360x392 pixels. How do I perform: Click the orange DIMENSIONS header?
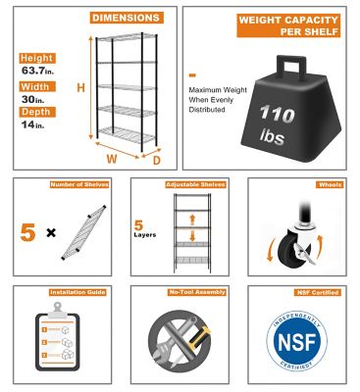[128, 18]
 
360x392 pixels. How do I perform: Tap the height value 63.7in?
[35, 71]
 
